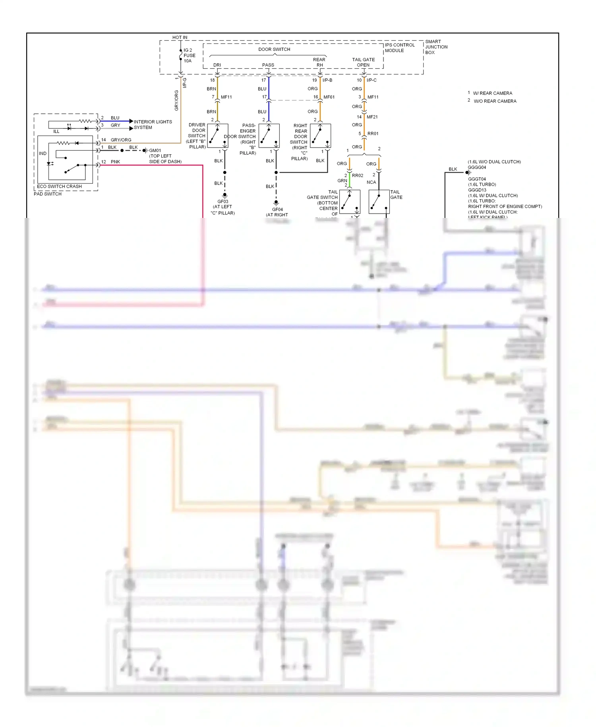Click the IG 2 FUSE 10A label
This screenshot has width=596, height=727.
[x=189, y=56]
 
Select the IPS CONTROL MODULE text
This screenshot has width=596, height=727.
[x=399, y=48]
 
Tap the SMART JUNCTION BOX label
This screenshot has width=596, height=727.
[x=436, y=47]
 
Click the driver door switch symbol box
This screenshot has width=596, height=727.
[x=218, y=136]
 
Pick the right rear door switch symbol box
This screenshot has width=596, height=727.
[x=320, y=136]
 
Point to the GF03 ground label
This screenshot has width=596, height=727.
[x=223, y=202]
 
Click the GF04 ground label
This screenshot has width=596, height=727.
[x=277, y=210]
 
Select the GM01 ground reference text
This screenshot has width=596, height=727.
[x=155, y=151]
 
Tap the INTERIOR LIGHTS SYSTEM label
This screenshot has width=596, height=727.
[x=153, y=124]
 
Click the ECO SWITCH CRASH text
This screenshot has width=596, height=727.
[x=59, y=187]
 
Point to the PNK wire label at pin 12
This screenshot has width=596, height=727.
[x=115, y=162]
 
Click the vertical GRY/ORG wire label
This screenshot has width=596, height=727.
[x=176, y=100]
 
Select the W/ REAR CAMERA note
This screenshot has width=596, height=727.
[x=492, y=93]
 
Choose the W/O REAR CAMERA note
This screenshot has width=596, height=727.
[x=495, y=101]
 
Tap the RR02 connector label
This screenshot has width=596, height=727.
[x=357, y=175]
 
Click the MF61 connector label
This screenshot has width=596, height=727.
[x=329, y=97]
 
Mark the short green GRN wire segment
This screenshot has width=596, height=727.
[x=350, y=180]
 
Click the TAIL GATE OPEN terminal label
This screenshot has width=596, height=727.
[x=363, y=62]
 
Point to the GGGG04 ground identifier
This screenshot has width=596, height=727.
[x=477, y=167]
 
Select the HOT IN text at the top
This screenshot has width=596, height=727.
[x=180, y=37]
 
